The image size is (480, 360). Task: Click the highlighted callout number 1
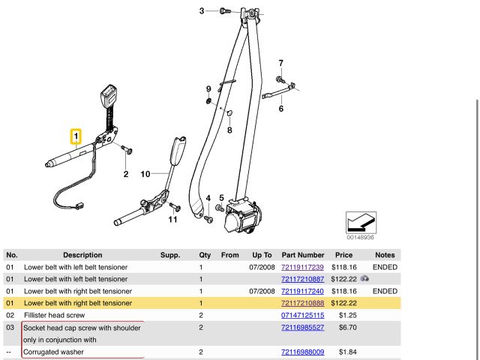click(x=75, y=136)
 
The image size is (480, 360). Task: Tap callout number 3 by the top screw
click(x=202, y=10)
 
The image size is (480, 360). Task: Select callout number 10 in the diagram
click(x=146, y=174)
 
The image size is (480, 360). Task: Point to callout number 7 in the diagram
click(x=281, y=62)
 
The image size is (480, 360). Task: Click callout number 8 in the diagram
click(x=230, y=130)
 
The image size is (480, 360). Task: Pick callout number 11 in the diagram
click(x=173, y=219)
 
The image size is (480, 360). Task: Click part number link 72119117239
click(x=302, y=267)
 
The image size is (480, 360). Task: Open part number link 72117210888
click(x=302, y=302)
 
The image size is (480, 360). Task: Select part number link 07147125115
click(x=302, y=315)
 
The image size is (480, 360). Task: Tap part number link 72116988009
click(x=302, y=352)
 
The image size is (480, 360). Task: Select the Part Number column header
click(x=302, y=255)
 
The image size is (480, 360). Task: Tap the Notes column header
click(x=385, y=255)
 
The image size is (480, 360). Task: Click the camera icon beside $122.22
click(x=364, y=278)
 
